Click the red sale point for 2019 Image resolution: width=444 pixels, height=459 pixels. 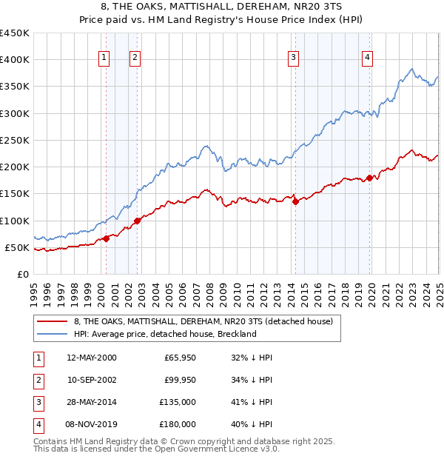369,178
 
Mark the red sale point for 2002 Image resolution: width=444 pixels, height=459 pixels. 138,221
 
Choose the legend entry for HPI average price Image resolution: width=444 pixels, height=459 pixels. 165,334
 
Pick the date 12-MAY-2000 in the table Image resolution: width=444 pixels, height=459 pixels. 92,358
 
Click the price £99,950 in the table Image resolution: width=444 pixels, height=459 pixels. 180,381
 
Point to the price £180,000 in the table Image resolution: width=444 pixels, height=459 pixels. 178,425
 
